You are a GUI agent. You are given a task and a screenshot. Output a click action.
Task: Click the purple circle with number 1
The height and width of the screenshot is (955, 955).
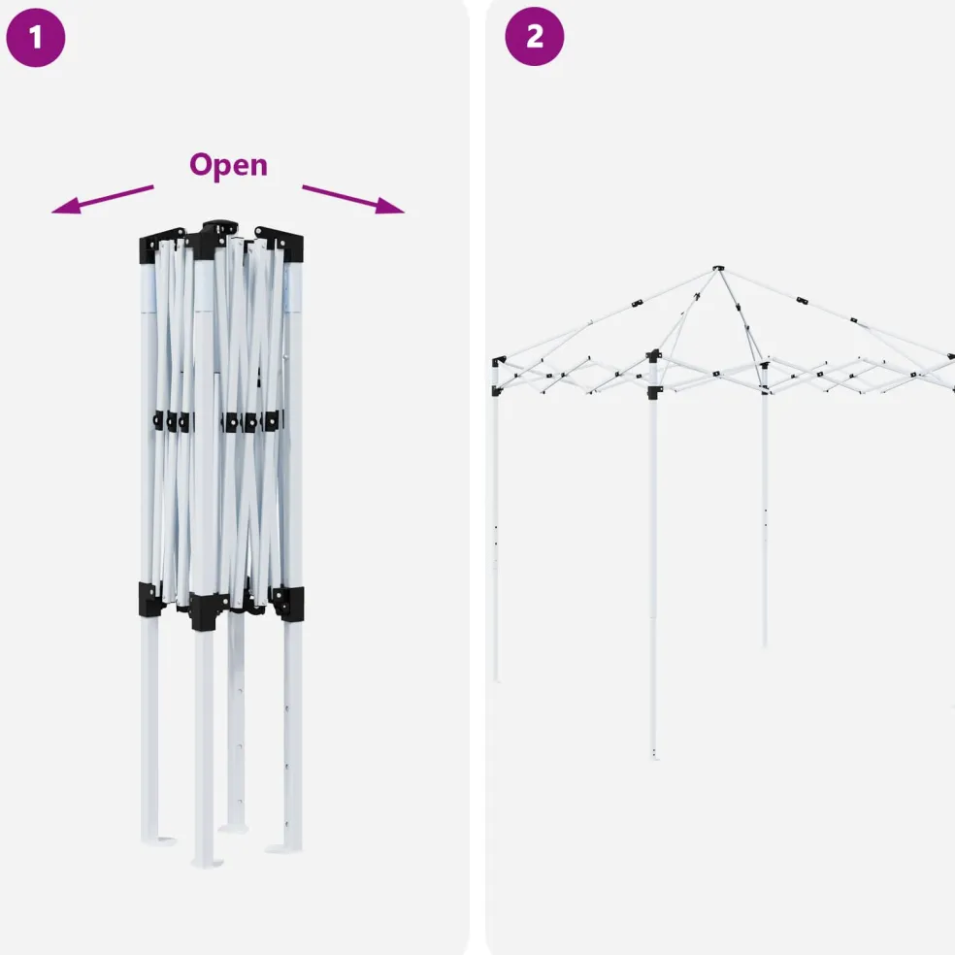pos(35,37)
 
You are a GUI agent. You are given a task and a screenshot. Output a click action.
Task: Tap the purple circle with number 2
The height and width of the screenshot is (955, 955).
pos(534,37)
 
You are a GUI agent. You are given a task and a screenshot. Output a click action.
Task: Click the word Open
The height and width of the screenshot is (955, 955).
pos(228,165)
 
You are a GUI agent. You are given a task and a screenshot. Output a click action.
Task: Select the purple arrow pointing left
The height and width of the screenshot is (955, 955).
pos(102,199)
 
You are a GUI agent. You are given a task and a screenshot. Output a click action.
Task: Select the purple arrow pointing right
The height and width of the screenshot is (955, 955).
pos(353,199)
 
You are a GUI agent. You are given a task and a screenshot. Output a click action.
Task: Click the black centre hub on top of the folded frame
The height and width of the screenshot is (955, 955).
pos(220,227)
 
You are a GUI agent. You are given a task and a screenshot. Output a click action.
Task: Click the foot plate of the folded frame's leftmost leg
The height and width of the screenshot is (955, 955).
pos(159,841)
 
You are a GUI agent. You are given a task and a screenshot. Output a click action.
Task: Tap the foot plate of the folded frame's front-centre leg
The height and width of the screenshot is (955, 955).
pos(207,863)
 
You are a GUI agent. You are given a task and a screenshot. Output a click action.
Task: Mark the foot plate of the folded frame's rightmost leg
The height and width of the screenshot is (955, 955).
pos(283,848)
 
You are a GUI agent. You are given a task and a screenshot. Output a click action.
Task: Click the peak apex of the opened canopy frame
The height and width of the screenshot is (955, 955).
pos(719,268)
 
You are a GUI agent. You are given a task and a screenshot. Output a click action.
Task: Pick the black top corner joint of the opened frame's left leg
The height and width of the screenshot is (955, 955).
pos(497,362)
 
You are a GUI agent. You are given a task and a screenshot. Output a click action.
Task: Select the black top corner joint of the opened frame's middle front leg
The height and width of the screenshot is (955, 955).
pos(653,356)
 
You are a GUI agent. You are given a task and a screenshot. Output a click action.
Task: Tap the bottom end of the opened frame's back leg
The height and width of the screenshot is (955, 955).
pos(765,644)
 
